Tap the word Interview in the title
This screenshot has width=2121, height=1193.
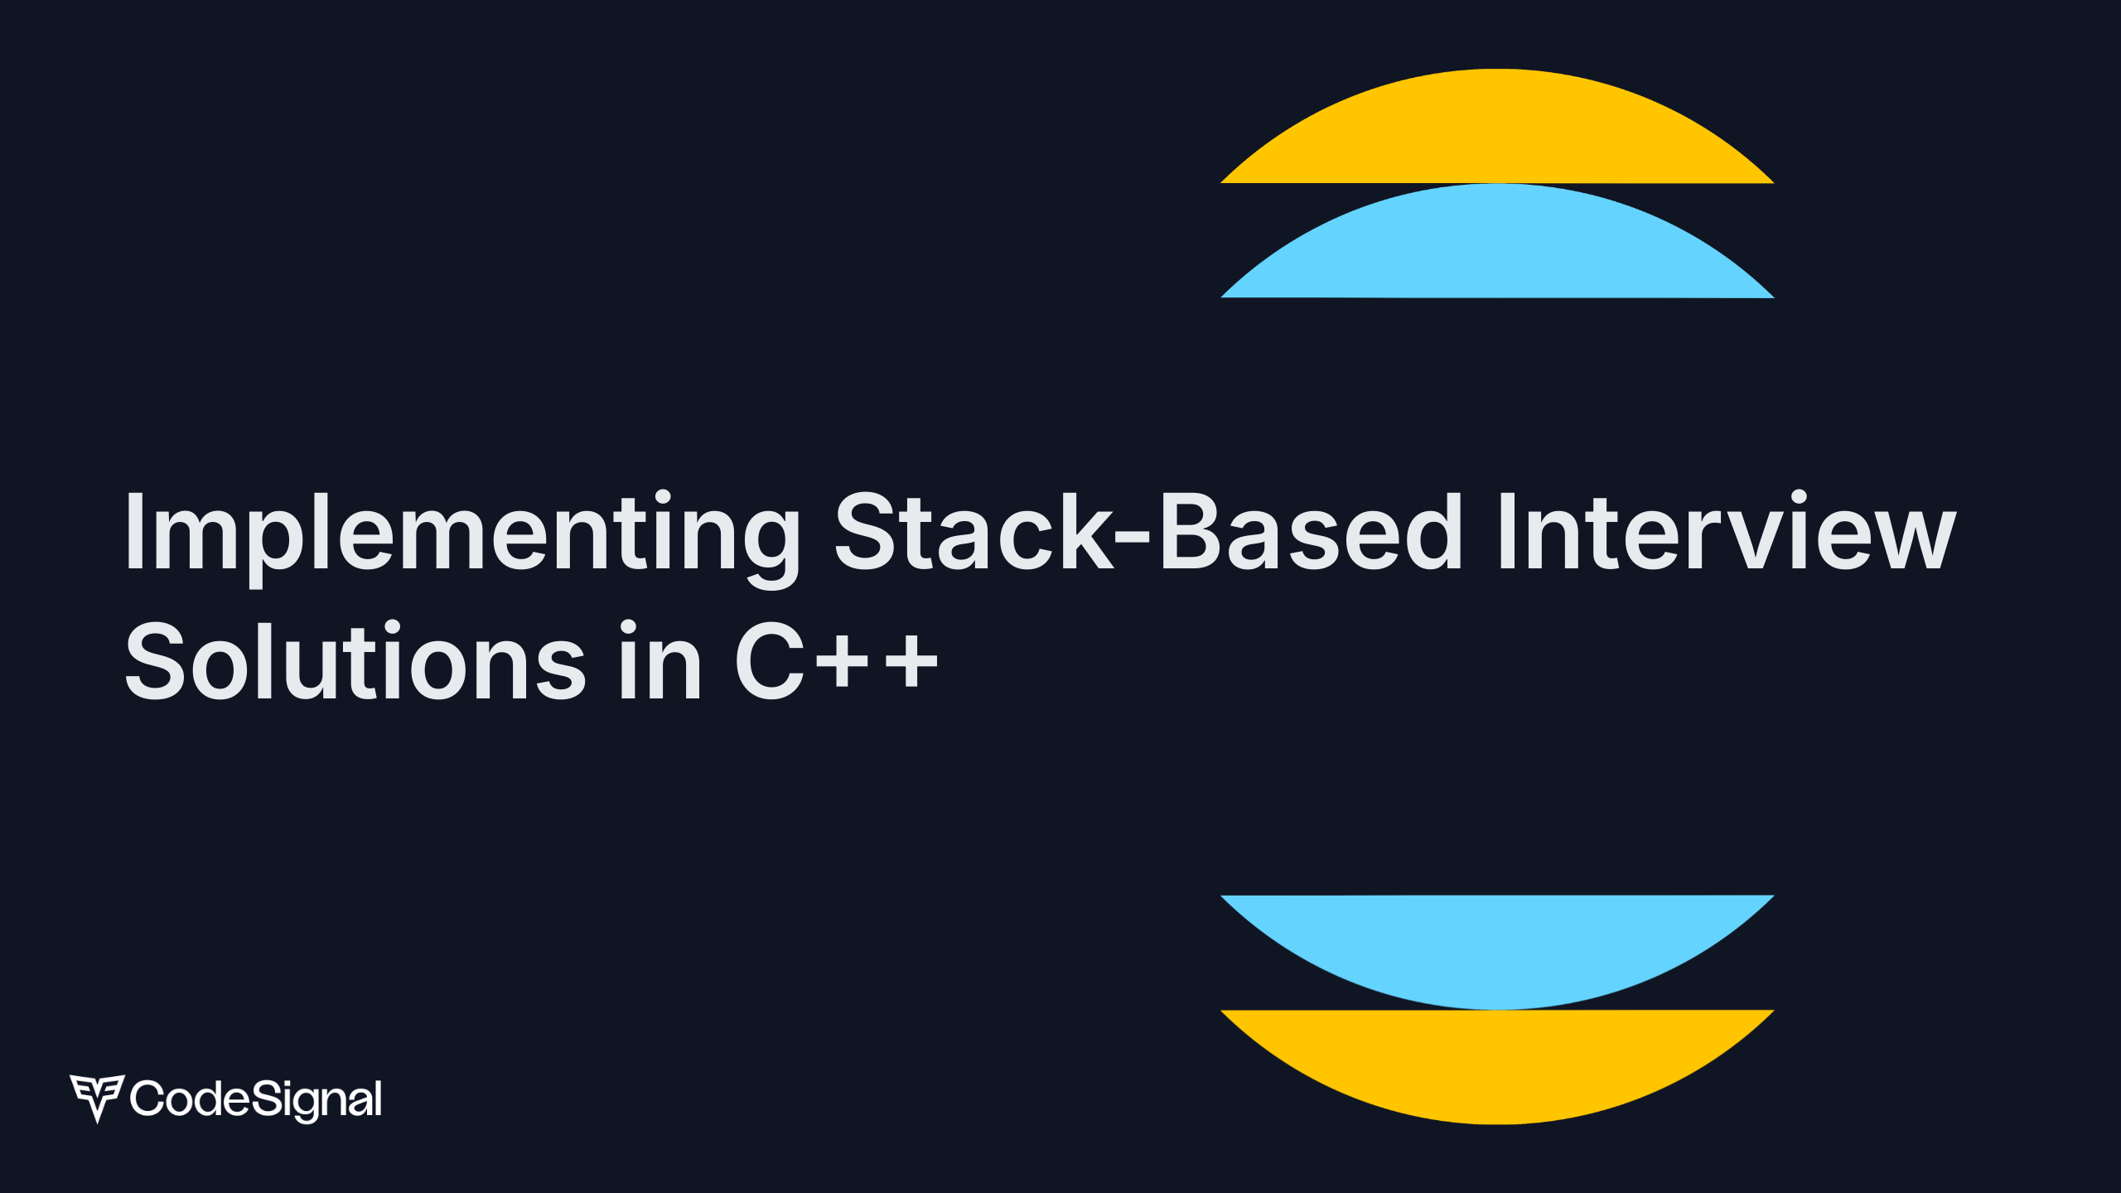[1727, 531]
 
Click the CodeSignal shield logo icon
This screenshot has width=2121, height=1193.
[97, 1097]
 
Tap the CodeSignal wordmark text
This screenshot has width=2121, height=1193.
[256, 1099]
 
